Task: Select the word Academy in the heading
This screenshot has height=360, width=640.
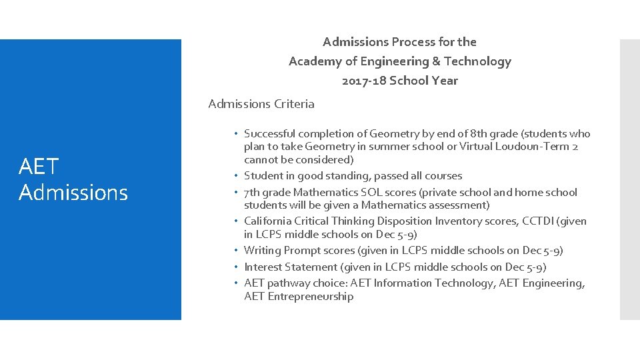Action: [x=313, y=61]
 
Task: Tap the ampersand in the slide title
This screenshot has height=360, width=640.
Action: [x=436, y=61]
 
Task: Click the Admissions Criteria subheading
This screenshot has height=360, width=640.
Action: [x=261, y=103]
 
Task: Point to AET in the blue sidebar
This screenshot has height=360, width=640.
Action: [x=39, y=166]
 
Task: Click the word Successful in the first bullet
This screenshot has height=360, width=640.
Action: [x=271, y=134]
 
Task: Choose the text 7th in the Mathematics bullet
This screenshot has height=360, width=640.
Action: [x=252, y=192]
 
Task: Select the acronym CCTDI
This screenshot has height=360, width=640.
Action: [x=540, y=221]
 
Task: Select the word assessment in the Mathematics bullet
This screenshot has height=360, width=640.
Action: [x=460, y=205]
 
